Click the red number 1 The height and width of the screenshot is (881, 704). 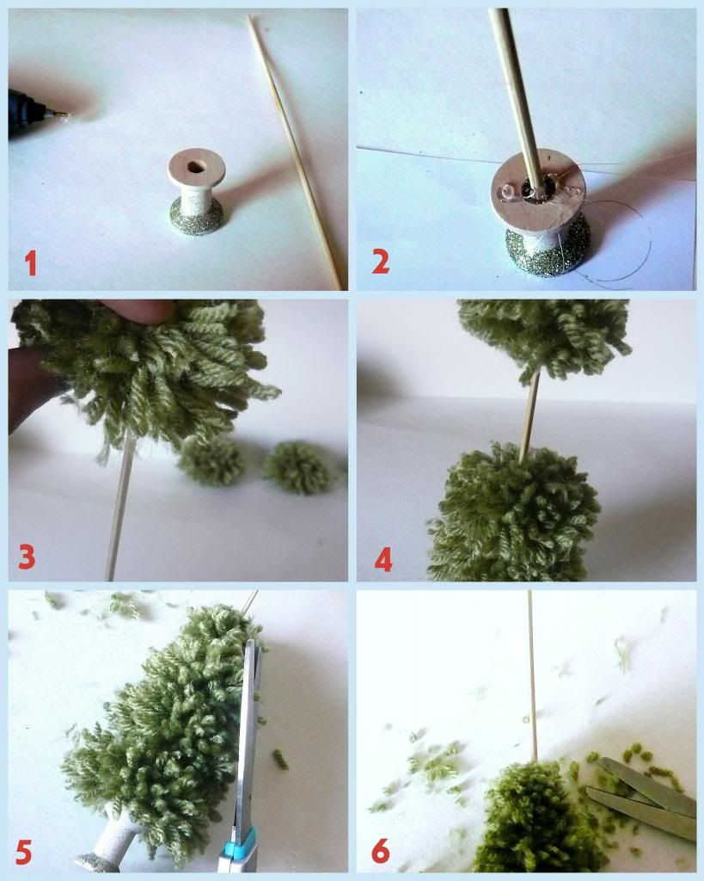click(x=31, y=263)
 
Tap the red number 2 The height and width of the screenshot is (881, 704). click(x=380, y=262)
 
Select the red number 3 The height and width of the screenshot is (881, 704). click(x=27, y=557)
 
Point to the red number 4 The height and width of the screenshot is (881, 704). click(x=383, y=559)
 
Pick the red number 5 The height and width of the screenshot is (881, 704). click(x=23, y=851)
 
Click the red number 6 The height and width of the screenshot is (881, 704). click(x=380, y=851)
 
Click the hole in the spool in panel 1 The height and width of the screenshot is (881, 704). click(x=196, y=167)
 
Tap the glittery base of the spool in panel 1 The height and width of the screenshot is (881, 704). click(x=197, y=219)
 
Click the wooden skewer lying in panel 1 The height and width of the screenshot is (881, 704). click(x=294, y=151)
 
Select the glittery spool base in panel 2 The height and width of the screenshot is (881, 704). click(x=548, y=251)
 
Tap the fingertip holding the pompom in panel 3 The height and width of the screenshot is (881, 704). click(x=135, y=311)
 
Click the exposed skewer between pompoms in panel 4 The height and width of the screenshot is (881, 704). click(x=529, y=416)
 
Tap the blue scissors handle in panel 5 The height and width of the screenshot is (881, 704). click(x=239, y=849)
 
